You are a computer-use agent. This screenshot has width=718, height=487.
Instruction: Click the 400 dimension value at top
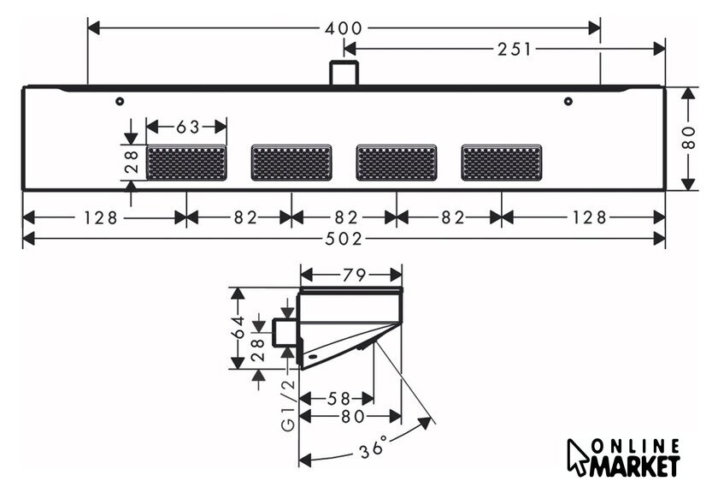tap(344, 28)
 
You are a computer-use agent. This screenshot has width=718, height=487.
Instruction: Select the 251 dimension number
tap(515, 49)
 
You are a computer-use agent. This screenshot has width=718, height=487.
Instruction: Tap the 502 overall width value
tap(344, 239)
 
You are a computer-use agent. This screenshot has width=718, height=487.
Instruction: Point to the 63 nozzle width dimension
tap(188, 127)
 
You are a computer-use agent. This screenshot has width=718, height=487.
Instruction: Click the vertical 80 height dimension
tap(688, 138)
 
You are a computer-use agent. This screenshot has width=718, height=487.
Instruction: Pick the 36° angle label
tap(374, 447)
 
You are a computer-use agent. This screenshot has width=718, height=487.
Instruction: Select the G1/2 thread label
tap(289, 406)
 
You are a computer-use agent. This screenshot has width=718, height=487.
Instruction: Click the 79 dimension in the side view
tap(354, 275)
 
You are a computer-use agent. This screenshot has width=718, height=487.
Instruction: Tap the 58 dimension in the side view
tap(338, 399)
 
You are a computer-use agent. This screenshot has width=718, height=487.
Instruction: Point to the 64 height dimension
tap(238, 327)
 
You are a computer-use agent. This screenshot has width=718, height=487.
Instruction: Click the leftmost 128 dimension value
tap(100, 217)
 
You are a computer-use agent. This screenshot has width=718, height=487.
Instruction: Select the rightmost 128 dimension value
tap(590, 217)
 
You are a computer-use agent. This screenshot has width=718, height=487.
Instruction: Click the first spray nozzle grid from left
tap(186, 163)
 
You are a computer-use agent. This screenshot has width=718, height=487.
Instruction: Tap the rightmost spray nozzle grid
tap(502, 163)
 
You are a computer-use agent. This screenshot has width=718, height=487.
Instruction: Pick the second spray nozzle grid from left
tap(291, 163)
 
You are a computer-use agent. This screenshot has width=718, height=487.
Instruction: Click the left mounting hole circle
tap(120, 101)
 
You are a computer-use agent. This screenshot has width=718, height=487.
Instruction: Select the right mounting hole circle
tap(568, 101)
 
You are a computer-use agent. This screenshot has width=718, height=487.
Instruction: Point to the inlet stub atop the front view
tap(344, 73)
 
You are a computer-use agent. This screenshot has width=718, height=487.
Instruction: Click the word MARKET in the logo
tap(634, 466)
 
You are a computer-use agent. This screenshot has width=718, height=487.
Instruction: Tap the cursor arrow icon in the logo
tap(577, 457)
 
